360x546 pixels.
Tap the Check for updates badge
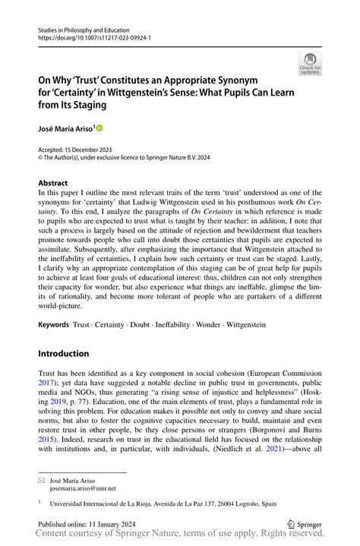(310, 64)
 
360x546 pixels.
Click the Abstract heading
(52, 183)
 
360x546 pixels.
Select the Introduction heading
(65, 353)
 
